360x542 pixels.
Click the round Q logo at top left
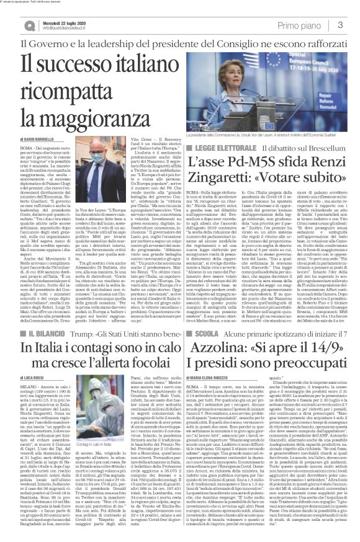(13, 25)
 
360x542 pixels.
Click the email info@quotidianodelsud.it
(53, 29)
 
